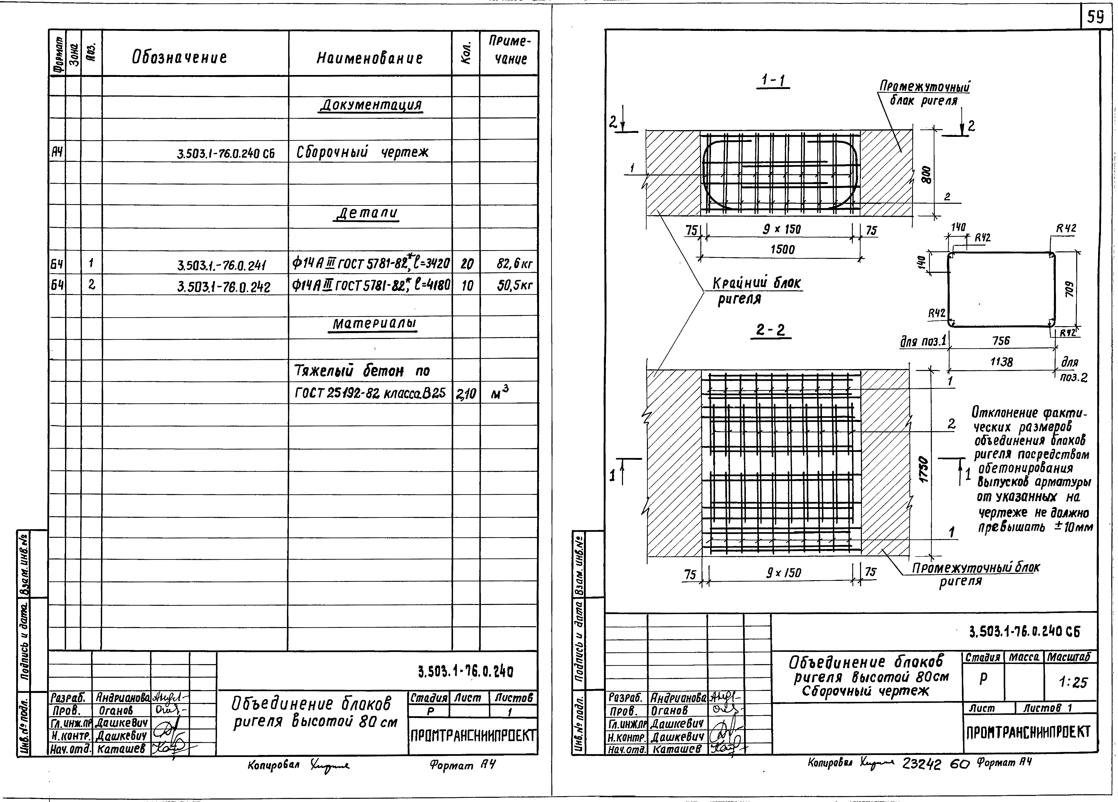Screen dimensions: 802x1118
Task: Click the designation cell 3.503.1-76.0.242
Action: tap(223, 286)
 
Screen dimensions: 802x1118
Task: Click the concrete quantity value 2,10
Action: tap(466, 393)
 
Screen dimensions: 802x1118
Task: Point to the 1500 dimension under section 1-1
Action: tap(782, 249)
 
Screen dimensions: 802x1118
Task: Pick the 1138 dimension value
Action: tap(1001, 362)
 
